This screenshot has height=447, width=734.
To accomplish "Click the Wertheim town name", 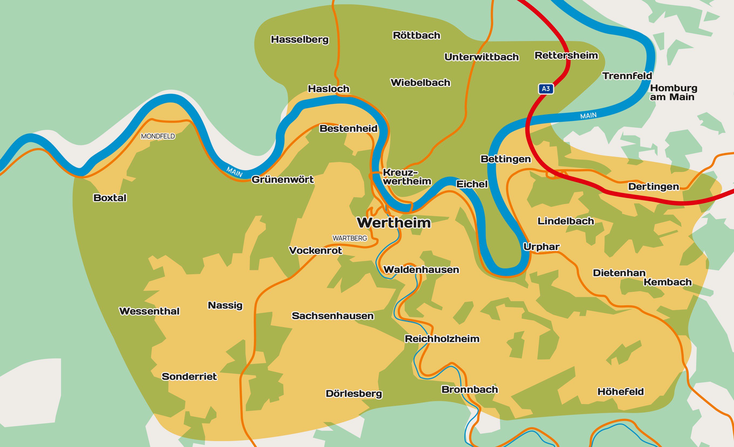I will pos(394,223).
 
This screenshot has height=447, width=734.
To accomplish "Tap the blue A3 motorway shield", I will pos(546,89).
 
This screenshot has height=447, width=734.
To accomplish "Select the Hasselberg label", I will pos(300,40).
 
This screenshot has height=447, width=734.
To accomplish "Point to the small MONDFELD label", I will pos(158,136).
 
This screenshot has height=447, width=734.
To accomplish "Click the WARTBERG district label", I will pos(350,238).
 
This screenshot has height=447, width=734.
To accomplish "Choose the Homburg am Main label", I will pos(673,92).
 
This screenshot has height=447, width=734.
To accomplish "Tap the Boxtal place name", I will pos(110,198).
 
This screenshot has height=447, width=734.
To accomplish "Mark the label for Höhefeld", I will pos(621,392).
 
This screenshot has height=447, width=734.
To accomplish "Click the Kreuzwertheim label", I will pos(407,177).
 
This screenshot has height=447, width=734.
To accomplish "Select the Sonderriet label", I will pos(189,377).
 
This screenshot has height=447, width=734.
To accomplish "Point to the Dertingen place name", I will pos(654,187).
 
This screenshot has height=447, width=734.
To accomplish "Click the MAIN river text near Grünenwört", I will pos(235,172).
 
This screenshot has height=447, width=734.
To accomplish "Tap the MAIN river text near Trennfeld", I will pos(588,116).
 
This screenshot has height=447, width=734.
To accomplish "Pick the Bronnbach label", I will pos(470,390).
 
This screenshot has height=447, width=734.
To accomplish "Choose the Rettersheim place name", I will pos(566,55).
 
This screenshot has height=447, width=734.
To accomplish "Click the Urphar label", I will pos(541,247).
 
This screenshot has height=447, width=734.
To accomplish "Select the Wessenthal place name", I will pos(149,311).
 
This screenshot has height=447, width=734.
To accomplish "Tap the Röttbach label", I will pos(416,35).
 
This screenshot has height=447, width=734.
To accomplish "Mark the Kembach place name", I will pos(668,282).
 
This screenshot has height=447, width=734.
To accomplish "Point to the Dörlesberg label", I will pos(354,394).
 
